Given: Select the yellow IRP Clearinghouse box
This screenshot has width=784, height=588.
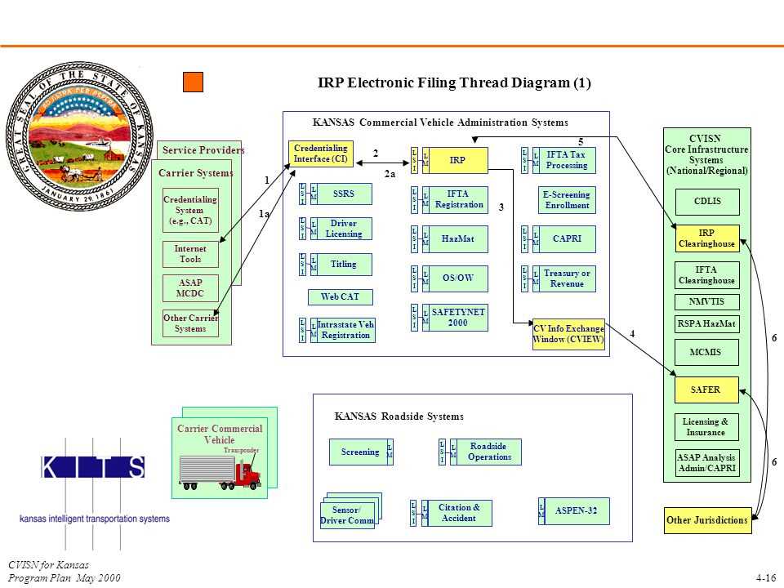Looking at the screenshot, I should [707, 238].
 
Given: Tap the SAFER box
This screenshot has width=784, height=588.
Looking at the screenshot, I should [707, 390].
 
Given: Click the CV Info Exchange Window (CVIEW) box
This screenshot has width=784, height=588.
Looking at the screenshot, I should [568, 334].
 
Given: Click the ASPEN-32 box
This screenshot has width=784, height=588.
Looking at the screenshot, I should [577, 511].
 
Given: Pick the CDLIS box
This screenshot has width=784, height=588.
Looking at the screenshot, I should [707, 201].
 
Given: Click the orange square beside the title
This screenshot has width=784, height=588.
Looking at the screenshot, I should [193, 82].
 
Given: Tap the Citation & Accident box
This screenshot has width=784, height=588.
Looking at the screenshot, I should [461, 513].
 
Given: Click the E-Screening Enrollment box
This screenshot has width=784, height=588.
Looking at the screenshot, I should [568, 200].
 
